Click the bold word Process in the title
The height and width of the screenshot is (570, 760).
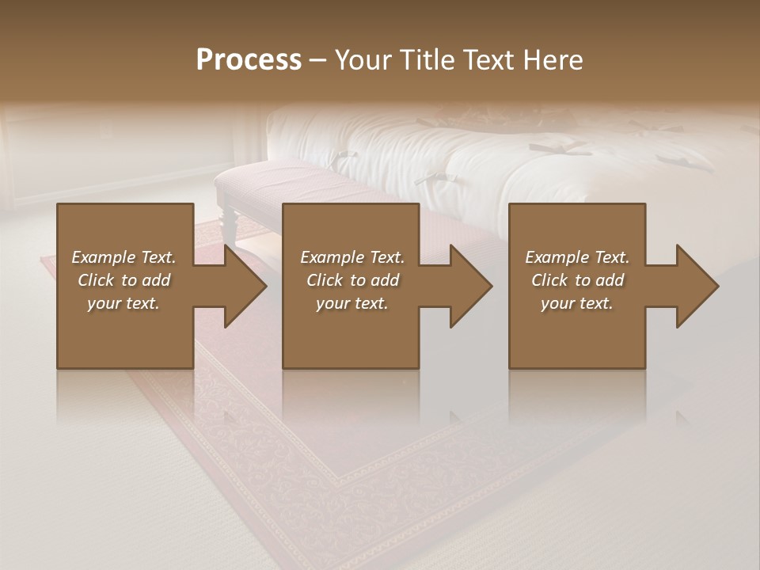click(249, 60)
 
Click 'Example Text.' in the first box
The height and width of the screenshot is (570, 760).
click(123, 257)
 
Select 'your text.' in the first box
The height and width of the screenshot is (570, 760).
click(123, 303)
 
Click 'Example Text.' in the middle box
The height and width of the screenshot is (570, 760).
click(352, 257)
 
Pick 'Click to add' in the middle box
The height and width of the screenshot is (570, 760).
click(352, 280)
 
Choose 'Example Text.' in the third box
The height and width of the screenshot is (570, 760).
click(577, 257)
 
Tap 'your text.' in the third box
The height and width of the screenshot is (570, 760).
click(577, 303)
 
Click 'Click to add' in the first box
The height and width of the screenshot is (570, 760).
click(123, 280)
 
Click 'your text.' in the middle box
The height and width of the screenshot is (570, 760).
click(352, 303)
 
